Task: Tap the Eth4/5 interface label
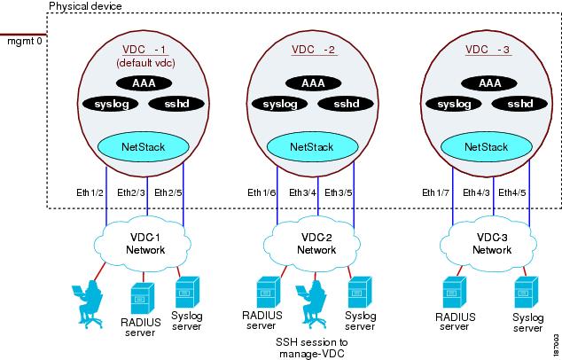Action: coord(514,192)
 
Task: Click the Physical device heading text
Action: coord(85,7)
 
